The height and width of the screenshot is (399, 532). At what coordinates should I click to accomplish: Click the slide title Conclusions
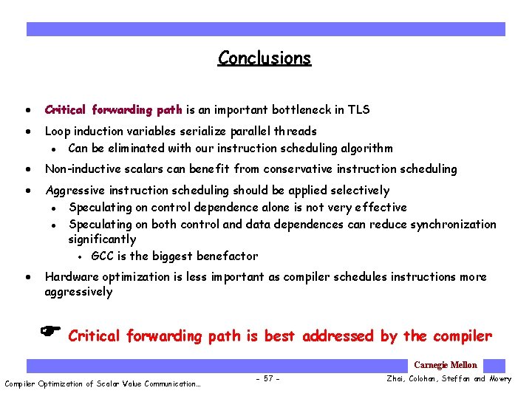(265, 58)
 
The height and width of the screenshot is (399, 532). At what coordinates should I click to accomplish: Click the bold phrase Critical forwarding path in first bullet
(113, 110)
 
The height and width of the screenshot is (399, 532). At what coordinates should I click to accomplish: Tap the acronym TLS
(358, 110)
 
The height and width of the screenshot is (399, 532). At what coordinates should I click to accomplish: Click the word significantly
(102, 239)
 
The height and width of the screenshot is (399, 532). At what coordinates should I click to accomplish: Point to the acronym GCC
(103, 256)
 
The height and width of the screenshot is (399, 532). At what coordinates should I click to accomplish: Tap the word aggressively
(78, 292)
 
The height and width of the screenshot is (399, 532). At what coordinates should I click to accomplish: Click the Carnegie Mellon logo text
(445, 365)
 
